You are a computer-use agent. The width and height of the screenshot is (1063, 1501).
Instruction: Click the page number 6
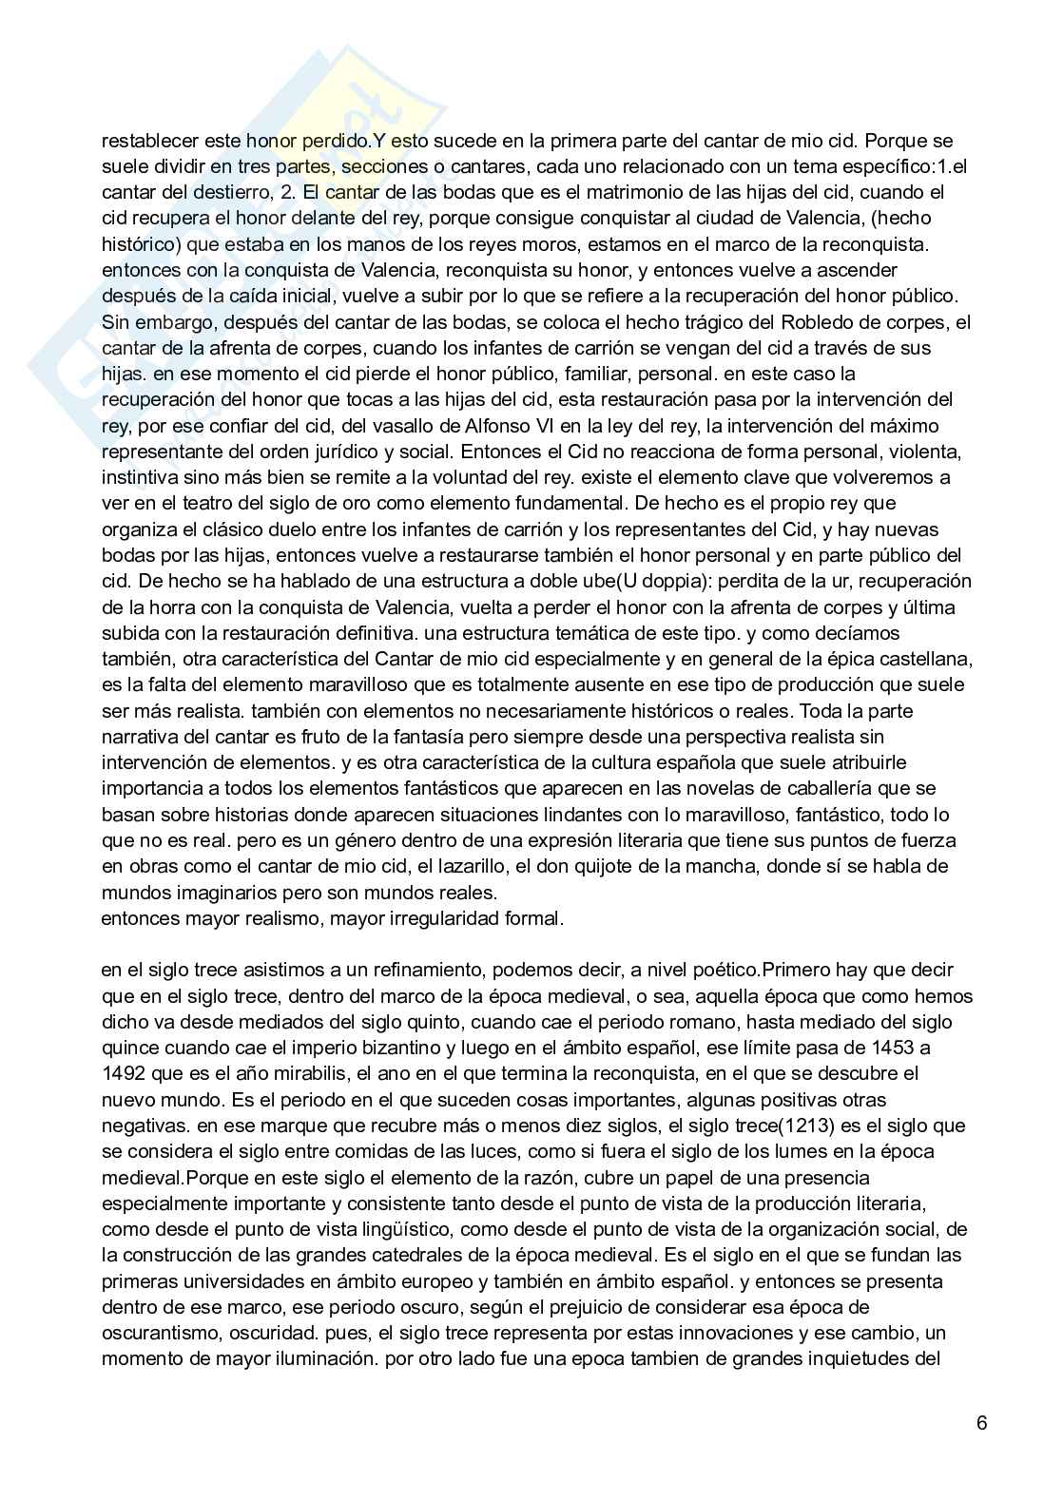click(x=981, y=1422)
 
